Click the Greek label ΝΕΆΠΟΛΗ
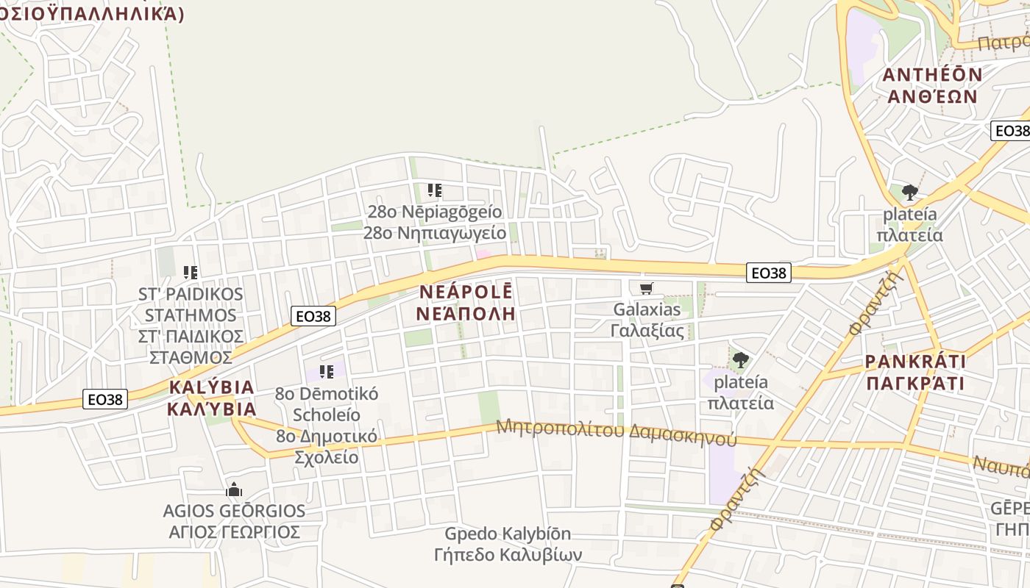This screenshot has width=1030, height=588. pyautogui.click(x=466, y=314)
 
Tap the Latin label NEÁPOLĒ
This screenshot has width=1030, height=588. pyautogui.click(x=466, y=291)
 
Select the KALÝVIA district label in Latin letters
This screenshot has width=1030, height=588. pyautogui.click(x=211, y=387)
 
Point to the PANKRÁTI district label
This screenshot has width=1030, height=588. pyautogui.click(x=915, y=362)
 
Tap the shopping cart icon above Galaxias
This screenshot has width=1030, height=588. pyautogui.click(x=647, y=288)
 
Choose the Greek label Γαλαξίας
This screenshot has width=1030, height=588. pyautogui.click(x=647, y=331)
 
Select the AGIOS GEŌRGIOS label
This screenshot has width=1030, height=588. pyautogui.click(x=234, y=511)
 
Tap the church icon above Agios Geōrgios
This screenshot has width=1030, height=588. pyautogui.click(x=234, y=490)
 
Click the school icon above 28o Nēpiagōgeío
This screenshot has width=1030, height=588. pyautogui.click(x=435, y=191)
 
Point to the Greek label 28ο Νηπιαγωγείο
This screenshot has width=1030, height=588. pyautogui.click(x=435, y=234)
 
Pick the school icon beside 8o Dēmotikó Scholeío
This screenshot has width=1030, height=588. pyautogui.click(x=327, y=372)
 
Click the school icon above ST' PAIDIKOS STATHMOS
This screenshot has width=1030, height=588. pyautogui.click(x=191, y=273)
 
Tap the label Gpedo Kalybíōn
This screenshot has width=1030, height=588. pyautogui.click(x=508, y=534)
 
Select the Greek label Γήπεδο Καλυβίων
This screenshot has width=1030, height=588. pyautogui.click(x=508, y=554)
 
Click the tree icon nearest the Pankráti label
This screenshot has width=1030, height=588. pyautogui.click(x=740, y=360)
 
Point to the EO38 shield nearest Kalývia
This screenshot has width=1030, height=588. pyautogui.click(x=106, y=399)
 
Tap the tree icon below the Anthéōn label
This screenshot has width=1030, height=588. pyautogui.click(x=910, y=193)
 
